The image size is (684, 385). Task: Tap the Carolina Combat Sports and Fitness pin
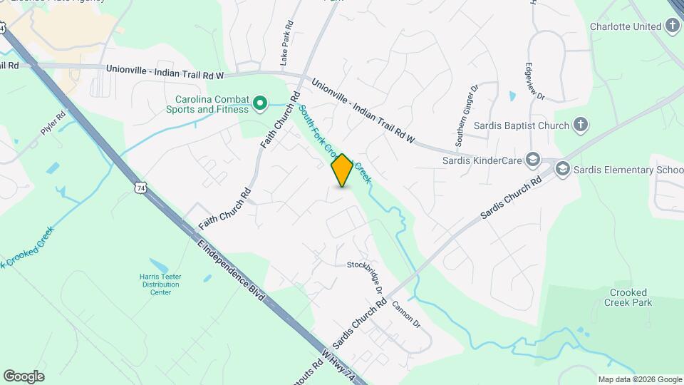click(x=261, y=104)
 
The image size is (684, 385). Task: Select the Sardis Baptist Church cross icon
click(x=581, y=126)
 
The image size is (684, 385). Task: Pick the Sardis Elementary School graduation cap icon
click(x=563, y=170)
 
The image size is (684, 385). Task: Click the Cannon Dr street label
click(x=406, y=315)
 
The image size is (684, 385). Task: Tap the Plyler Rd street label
click(x=53, y=123)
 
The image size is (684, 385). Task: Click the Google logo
click(x=24, y=376)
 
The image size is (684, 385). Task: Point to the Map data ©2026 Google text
click(x=639, y=379)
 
